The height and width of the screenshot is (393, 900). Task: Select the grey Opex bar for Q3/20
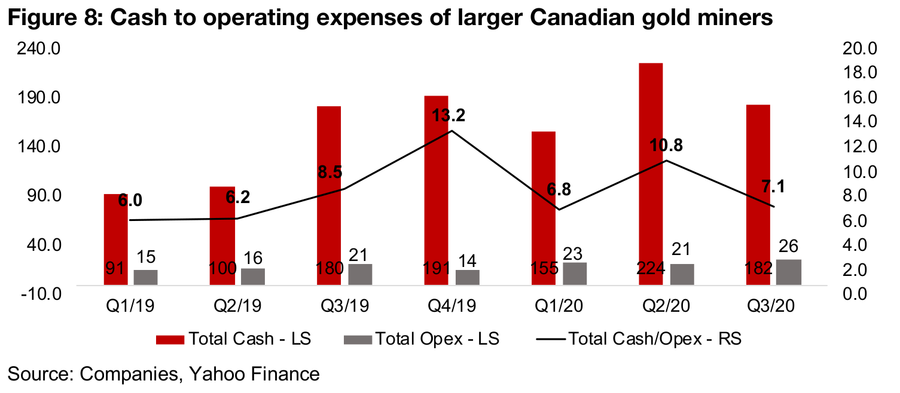click(x=789, y=272)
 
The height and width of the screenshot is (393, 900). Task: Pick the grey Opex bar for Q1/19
click(x=146, y=278)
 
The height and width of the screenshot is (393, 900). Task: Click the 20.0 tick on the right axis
click(x=858, y=48)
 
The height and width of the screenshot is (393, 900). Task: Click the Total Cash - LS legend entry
click(x=233, y=339)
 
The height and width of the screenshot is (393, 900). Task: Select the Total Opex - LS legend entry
click(x=421, y=339)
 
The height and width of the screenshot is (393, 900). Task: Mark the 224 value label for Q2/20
click(x=651, y=268)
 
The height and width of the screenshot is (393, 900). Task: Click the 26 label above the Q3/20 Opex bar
click(x=789, y=245)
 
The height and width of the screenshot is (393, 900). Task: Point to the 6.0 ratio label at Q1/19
click(x=130, y=201)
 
